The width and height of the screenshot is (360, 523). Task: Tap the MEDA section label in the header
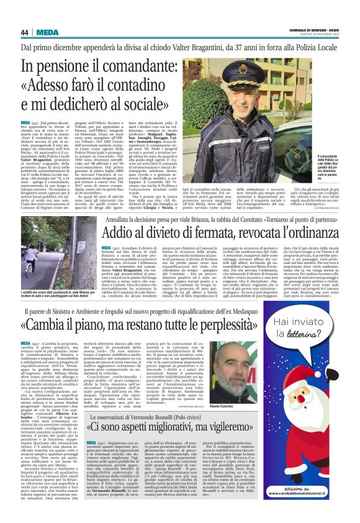coord(47,32)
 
